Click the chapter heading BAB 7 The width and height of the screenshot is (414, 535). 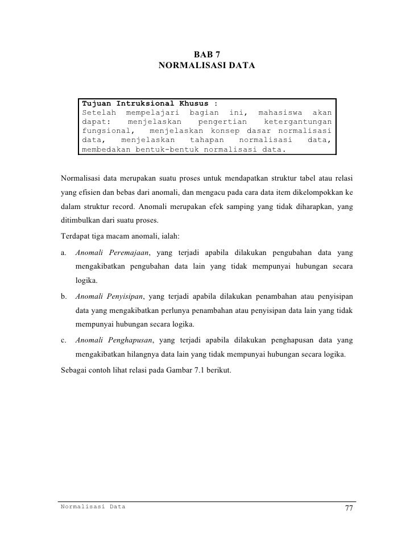[206, 55]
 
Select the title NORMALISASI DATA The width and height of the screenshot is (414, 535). [206, 66]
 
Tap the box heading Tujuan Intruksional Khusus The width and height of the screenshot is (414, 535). [150, 104]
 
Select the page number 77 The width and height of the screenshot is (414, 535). [349, 508]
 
